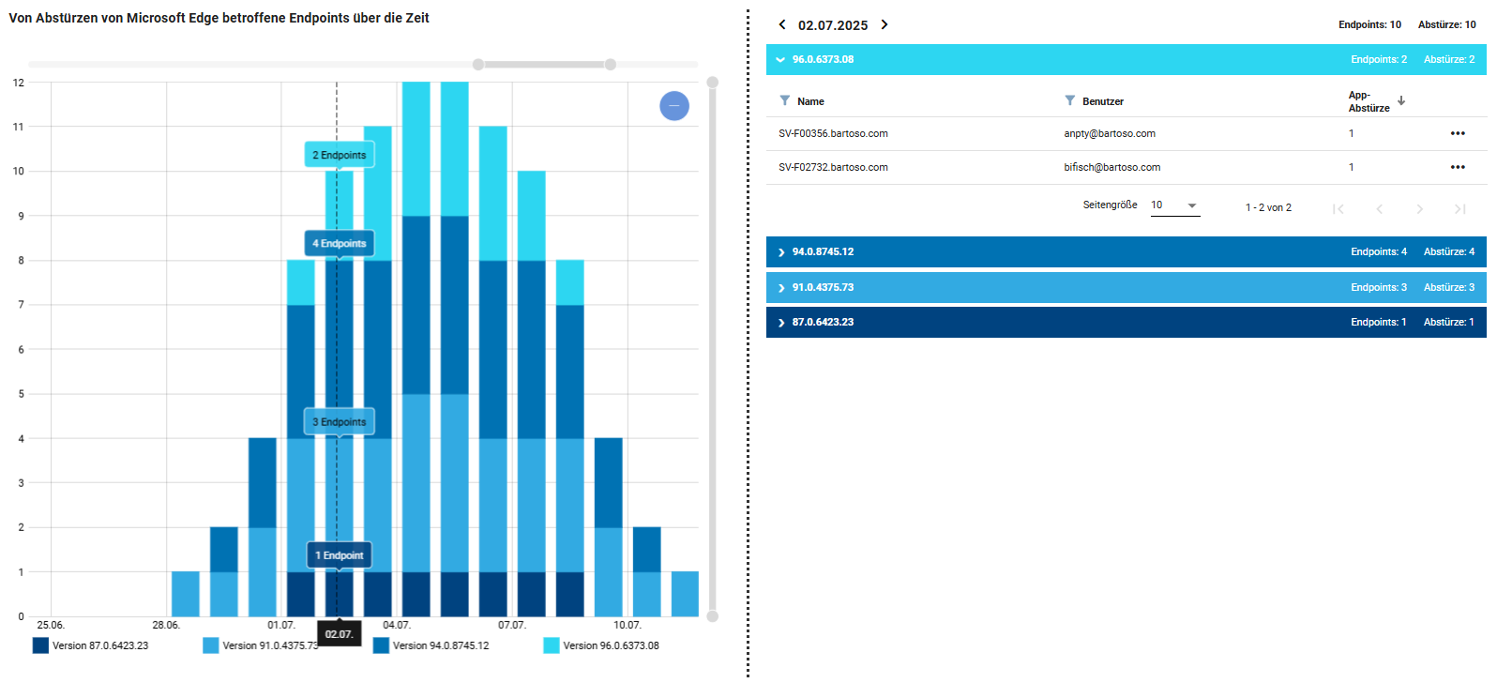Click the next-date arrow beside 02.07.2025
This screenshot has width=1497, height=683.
click(885, 24)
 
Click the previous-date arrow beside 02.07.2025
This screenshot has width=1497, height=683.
click(782, 24)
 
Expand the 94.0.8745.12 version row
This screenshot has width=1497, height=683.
click(1127, 252)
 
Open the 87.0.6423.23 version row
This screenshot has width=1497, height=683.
click(1127, 322)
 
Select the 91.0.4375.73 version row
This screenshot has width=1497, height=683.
click(1127, 287)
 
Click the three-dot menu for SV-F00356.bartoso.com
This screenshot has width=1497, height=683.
click(1458, 133)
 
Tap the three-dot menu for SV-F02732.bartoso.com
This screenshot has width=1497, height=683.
click(1458, 167)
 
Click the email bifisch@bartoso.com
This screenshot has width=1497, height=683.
click(1112, 167)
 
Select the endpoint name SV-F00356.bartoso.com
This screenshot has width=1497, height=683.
click(833, 133)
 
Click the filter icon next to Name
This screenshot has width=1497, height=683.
click(784, 101)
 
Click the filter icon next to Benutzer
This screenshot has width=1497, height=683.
click(1069, 101)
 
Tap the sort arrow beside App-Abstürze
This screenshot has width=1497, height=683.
click(1401, 101)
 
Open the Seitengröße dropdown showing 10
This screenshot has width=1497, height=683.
click(1175, 205)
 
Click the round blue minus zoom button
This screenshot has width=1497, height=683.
click(674, 106)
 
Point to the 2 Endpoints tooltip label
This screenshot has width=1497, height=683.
click(340, 155)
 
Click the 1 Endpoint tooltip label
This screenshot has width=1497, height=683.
click(340, 555)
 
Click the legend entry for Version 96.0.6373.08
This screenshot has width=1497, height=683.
click(601, 645)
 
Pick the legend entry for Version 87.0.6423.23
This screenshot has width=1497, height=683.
click(91, 645)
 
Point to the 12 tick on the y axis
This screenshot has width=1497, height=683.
click(19, 83)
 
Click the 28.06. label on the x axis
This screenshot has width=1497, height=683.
click(166, 625)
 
